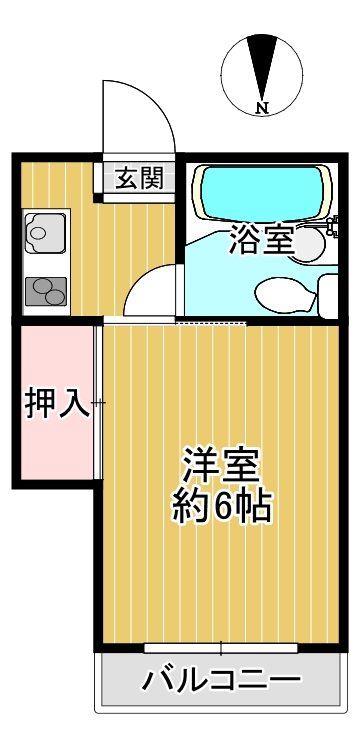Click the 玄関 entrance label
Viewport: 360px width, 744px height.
coord(140,178)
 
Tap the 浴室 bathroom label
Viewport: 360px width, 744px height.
coord(262,240)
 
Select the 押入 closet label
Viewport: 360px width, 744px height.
coord(57,403)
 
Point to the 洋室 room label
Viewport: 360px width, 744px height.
coord(222,465)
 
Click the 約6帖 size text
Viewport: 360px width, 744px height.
coord(222,507)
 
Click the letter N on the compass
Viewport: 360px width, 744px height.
coord(262,108)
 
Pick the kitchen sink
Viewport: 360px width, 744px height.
coord(45,233)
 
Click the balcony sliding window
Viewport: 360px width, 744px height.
coord(221,648)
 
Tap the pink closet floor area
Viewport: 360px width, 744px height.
coord(57,402)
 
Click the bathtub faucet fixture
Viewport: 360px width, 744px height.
coord(333,227)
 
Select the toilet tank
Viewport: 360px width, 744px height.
coord(328,296)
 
